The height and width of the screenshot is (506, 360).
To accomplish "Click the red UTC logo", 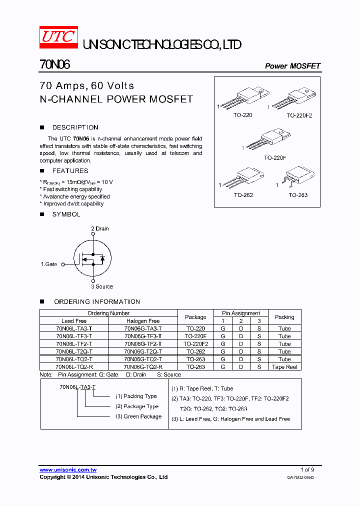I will (58, 38).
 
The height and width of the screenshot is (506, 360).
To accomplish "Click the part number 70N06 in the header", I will (55, 65).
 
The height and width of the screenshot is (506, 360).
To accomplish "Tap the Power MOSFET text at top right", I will (292, 66).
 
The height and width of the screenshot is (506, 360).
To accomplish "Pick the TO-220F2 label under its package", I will (299, 115).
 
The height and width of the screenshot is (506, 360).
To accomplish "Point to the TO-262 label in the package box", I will (243, 195).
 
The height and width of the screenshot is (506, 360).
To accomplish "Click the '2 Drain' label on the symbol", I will (99, 228).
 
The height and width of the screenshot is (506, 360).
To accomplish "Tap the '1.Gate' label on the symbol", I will (49, 264).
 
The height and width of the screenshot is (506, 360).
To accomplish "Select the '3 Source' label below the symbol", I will (101, 286).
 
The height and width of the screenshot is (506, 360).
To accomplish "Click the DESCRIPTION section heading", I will (75, 127).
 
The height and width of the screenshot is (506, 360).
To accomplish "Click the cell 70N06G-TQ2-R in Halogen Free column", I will (143, 366).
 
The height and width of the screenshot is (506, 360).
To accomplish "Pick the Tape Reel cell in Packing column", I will (284, 367).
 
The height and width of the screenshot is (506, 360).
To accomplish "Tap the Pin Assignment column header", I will (241, 313).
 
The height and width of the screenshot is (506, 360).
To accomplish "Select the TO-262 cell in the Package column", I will (195, 351).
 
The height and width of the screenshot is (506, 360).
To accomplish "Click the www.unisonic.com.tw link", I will (68, 470).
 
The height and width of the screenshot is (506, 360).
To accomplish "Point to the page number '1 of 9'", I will (307, 469).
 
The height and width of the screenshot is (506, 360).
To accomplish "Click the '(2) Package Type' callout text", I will (137, 406).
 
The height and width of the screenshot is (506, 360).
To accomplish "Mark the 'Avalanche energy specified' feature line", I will (74, 196).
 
